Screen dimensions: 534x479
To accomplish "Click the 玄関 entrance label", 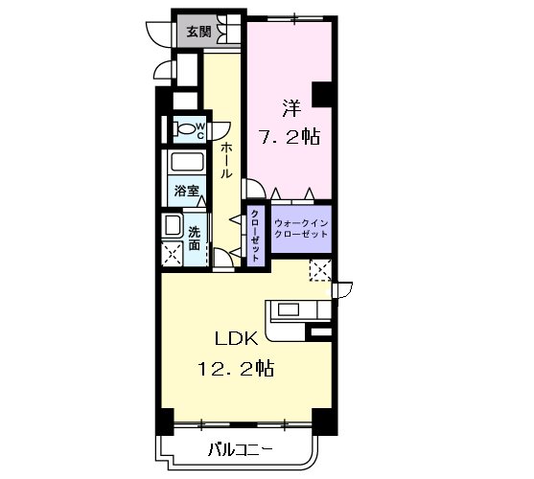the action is point(198,32).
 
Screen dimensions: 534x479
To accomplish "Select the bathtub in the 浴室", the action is point(187,162).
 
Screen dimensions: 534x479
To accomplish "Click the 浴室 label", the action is point(186,191).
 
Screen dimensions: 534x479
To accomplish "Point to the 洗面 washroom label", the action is point(194,239).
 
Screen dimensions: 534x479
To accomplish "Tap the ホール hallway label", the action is point(226,160).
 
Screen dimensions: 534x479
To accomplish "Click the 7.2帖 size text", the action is point(290,137).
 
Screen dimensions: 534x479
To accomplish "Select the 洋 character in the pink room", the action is point(291,108).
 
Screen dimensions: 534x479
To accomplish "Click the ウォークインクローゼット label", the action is point(301,229).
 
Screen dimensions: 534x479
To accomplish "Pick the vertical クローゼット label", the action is point(255,236).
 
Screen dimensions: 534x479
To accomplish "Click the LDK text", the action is point(236,339).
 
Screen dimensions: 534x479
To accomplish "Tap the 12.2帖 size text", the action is point(236,368).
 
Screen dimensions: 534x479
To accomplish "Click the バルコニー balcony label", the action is point(241,450).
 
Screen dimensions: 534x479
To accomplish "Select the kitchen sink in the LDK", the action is point(289,309).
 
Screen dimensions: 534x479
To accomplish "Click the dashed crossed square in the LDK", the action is point(320,270).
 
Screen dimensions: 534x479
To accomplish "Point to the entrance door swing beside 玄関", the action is point(157,34).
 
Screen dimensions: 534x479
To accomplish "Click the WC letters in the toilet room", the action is point(200,131).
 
